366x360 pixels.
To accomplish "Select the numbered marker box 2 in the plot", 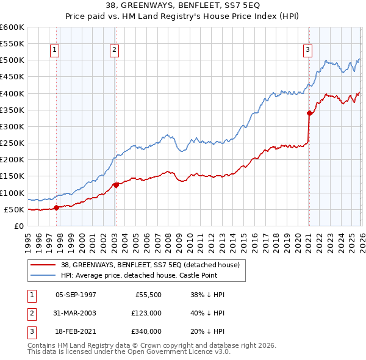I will [x=115, y=50].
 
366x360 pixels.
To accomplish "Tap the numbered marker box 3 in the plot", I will [x=308, y=50].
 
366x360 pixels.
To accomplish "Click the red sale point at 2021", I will [x=309, y=113].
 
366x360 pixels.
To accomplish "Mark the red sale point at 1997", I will [x=56, y=207].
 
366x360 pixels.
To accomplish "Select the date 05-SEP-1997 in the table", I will [x=75, y=295].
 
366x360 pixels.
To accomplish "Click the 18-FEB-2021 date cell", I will [x=75, y=331].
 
